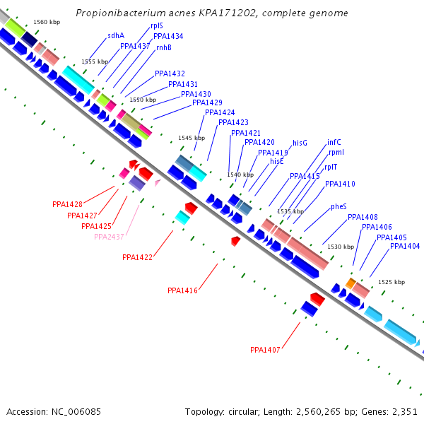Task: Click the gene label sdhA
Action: (116, 35)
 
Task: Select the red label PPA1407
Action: (265, 350)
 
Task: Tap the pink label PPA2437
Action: (109, 237)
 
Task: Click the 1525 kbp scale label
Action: (392, 282)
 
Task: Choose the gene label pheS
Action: (339, 207)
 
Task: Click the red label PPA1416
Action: (182, 290)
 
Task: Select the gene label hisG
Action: (300, 143)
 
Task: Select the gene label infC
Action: (334, 142)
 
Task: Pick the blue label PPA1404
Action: (405, 246)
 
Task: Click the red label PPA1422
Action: (137, 258)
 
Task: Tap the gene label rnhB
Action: (164, 47)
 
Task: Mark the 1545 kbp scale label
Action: (191, 139)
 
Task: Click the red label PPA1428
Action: (67, 204)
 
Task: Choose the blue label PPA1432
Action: (170, 73)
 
